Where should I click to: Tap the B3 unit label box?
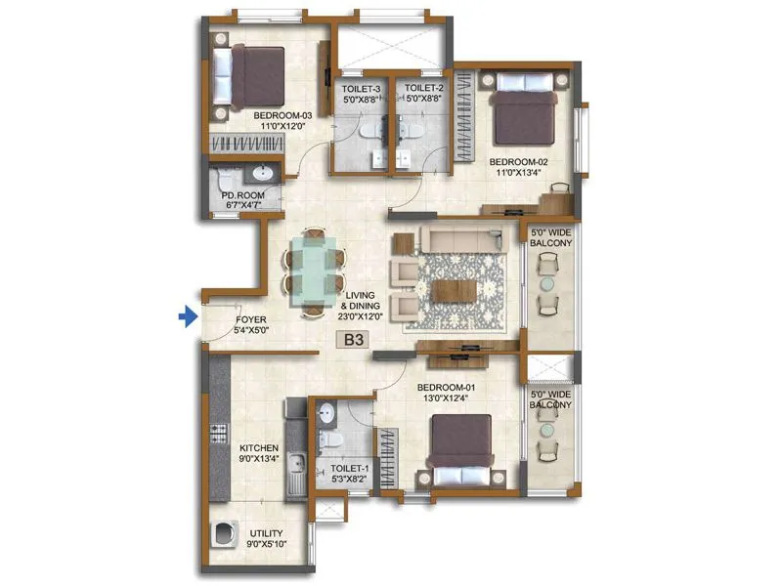click(x=350, y=341)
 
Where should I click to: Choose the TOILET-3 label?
click(x=361, y=94)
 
